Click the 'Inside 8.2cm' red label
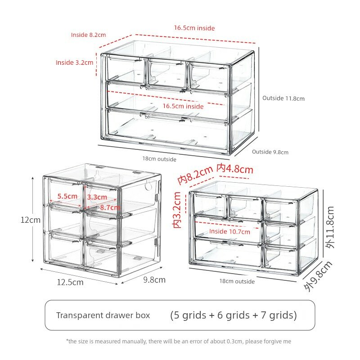(x=88, y=35)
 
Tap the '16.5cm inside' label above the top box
(x=194, y=28)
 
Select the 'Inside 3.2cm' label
(x=74, y=63)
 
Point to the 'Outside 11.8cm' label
(x=283, y=98)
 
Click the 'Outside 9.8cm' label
(x=270, y=152)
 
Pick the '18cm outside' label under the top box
(x=159, y=159)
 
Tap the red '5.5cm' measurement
(x=67, y=196)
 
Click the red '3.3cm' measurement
(x=97, y=197)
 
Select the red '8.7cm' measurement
(x=110, y=207)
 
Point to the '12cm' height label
(x=30, y=220)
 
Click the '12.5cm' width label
(x=70, y=282)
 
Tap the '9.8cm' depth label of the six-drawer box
(x=154, y=279)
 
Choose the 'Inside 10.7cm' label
(x=229, y=231)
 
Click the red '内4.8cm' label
(x=235, y=169)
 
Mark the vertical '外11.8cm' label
(x=330, y=227)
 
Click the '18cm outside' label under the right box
(x=237, y=281)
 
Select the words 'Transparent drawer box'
(x=103, y=315)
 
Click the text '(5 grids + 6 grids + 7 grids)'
(x=233, y=315)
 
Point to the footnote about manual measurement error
(x=178, y=342)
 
